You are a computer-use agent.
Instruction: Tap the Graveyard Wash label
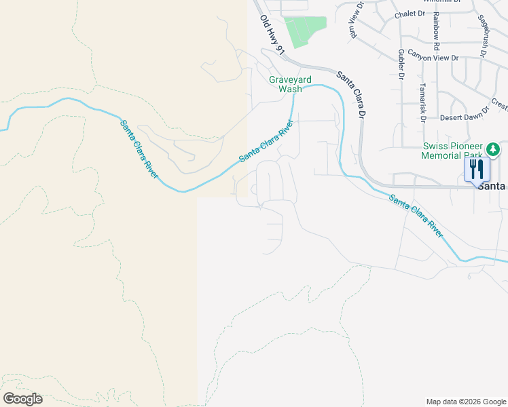[285, 84]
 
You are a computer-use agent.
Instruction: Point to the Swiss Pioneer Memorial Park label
[452, 151]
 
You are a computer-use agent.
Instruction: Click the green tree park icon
[494, 148]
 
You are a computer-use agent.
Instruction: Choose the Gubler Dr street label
[401, 64]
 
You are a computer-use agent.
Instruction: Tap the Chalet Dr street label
[410, 14]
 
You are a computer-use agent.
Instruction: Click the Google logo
[22, 399]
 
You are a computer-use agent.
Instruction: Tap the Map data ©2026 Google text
[465, 402]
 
